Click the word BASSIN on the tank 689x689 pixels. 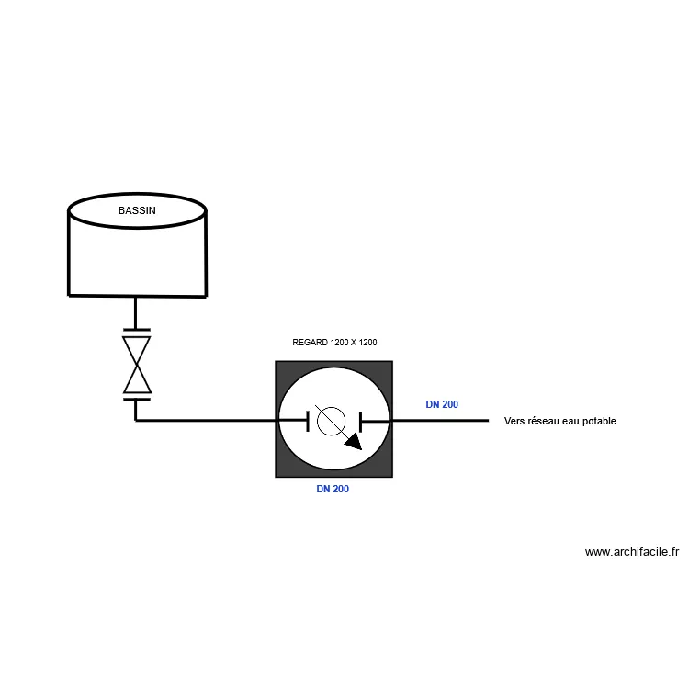[137, 210]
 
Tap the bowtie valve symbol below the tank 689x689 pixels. [137, 364]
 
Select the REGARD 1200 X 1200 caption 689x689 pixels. [334, 343]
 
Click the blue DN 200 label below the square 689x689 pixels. [333, 490]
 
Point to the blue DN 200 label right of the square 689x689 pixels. [442, 404]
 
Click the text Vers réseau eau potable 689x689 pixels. [559, 422]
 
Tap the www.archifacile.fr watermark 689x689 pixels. [631, 552]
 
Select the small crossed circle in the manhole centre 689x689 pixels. [329, 421]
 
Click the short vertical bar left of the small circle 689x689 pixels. [307, 421]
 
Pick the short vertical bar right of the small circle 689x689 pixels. [362, 421]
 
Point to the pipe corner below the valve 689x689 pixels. [137, 421]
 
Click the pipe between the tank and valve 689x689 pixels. [137, 312]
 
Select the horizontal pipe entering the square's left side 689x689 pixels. [211, 421]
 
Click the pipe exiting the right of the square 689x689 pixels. [441, 421]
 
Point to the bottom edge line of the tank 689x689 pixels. [137, 296]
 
